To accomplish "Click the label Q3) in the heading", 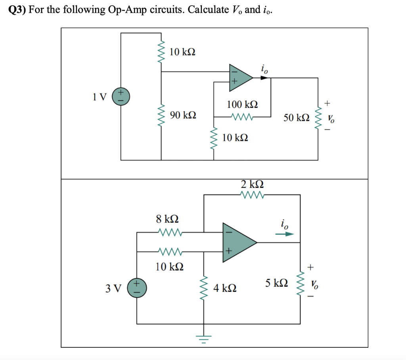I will [x=17, y=10].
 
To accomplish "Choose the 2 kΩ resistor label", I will [x=253, y=184].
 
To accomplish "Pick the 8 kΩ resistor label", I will [x=167, y=218].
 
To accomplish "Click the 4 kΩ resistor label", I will [x=225, y=288].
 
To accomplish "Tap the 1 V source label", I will [x=100, y=96].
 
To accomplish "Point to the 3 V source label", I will [x=113, y=288].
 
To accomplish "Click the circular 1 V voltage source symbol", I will [x=120, y=97].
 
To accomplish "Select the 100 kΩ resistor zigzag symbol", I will [x=242, y=117].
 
